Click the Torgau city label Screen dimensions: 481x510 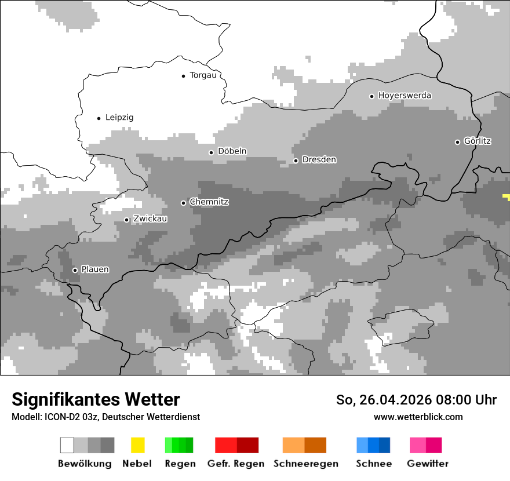click(x=203, y=75)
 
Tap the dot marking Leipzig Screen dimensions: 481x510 click(x=99, y=118)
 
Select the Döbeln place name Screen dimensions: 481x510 click(x=232, y=151)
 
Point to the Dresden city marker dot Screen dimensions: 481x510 click(x=296, y=161)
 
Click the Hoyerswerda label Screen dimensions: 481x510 click(x=405, y=96)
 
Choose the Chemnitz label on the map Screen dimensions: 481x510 click(x=209, y=202)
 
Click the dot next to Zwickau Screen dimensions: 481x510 click(x=126, y=220)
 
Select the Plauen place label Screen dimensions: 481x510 click(x=95, y=269)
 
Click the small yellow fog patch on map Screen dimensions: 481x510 click(x=507, y=197)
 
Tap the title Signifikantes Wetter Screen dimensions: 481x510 click(x=96, y=399)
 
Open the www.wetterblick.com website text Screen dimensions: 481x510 click(x=418, y=417)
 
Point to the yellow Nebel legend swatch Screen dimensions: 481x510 click(x=137, y=445)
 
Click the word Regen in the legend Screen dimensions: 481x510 click(x=179, y=464)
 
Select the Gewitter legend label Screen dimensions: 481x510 click(x=427, y=464)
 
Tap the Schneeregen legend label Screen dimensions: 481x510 click(x=305, y=464)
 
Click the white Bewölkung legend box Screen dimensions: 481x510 click(x=67, y=445)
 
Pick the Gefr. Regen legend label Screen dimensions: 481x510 click(x=235, y=464)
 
